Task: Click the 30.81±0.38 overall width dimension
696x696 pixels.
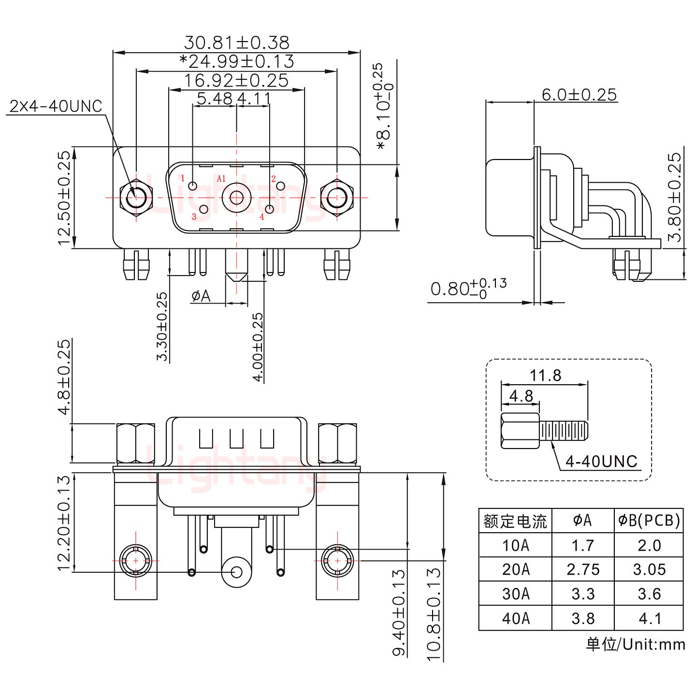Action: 236,43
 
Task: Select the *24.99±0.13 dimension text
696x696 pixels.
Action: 236,61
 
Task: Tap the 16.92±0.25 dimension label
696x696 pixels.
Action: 236,80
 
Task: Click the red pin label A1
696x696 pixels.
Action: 221,179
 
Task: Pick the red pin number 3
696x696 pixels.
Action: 194,217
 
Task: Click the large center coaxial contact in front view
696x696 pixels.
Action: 236,198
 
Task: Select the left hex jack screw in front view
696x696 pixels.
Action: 136,198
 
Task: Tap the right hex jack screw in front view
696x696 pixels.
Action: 337,198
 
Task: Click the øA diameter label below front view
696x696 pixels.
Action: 201,295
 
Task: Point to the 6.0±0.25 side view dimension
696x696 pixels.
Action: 579,94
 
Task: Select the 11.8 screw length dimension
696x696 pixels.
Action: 545,375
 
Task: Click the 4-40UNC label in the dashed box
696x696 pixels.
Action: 601,462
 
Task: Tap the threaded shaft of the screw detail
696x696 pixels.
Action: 565,430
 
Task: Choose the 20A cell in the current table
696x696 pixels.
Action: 515,569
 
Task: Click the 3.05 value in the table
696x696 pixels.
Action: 649,569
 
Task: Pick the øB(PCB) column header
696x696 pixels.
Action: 649,520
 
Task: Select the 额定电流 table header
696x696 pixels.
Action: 515,521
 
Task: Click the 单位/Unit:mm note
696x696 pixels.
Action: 635,644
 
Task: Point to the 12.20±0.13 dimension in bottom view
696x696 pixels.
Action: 64,523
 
